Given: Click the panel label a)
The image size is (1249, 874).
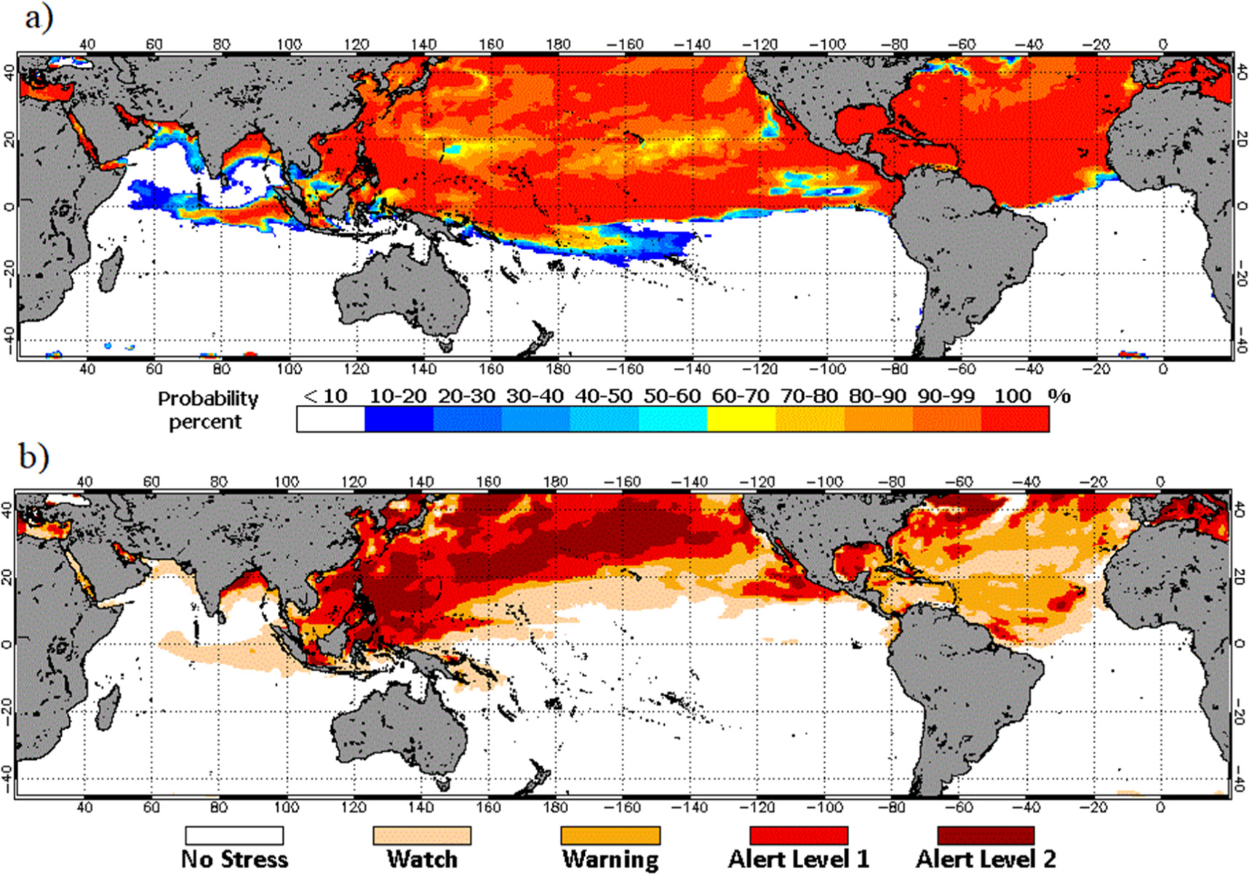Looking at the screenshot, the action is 38,17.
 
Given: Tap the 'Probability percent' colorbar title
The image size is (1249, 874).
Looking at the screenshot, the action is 207,410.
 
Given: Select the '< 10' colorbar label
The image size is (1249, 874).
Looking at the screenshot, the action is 326,396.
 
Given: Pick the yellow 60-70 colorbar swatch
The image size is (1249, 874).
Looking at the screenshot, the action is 741,420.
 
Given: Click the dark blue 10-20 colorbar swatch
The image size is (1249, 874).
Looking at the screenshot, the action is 399,420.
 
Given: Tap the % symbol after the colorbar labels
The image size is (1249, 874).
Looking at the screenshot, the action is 1059,396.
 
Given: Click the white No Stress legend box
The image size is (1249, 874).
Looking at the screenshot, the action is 234,835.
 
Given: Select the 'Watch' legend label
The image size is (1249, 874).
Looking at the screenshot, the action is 422,859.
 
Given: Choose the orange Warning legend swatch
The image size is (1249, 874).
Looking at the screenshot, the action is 610,835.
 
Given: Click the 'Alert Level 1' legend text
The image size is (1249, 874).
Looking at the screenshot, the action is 799,859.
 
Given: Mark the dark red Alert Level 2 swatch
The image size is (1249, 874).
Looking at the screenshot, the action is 986,835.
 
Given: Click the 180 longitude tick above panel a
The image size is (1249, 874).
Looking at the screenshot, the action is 558,44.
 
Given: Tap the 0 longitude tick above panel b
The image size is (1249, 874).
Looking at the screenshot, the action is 1160,481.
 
